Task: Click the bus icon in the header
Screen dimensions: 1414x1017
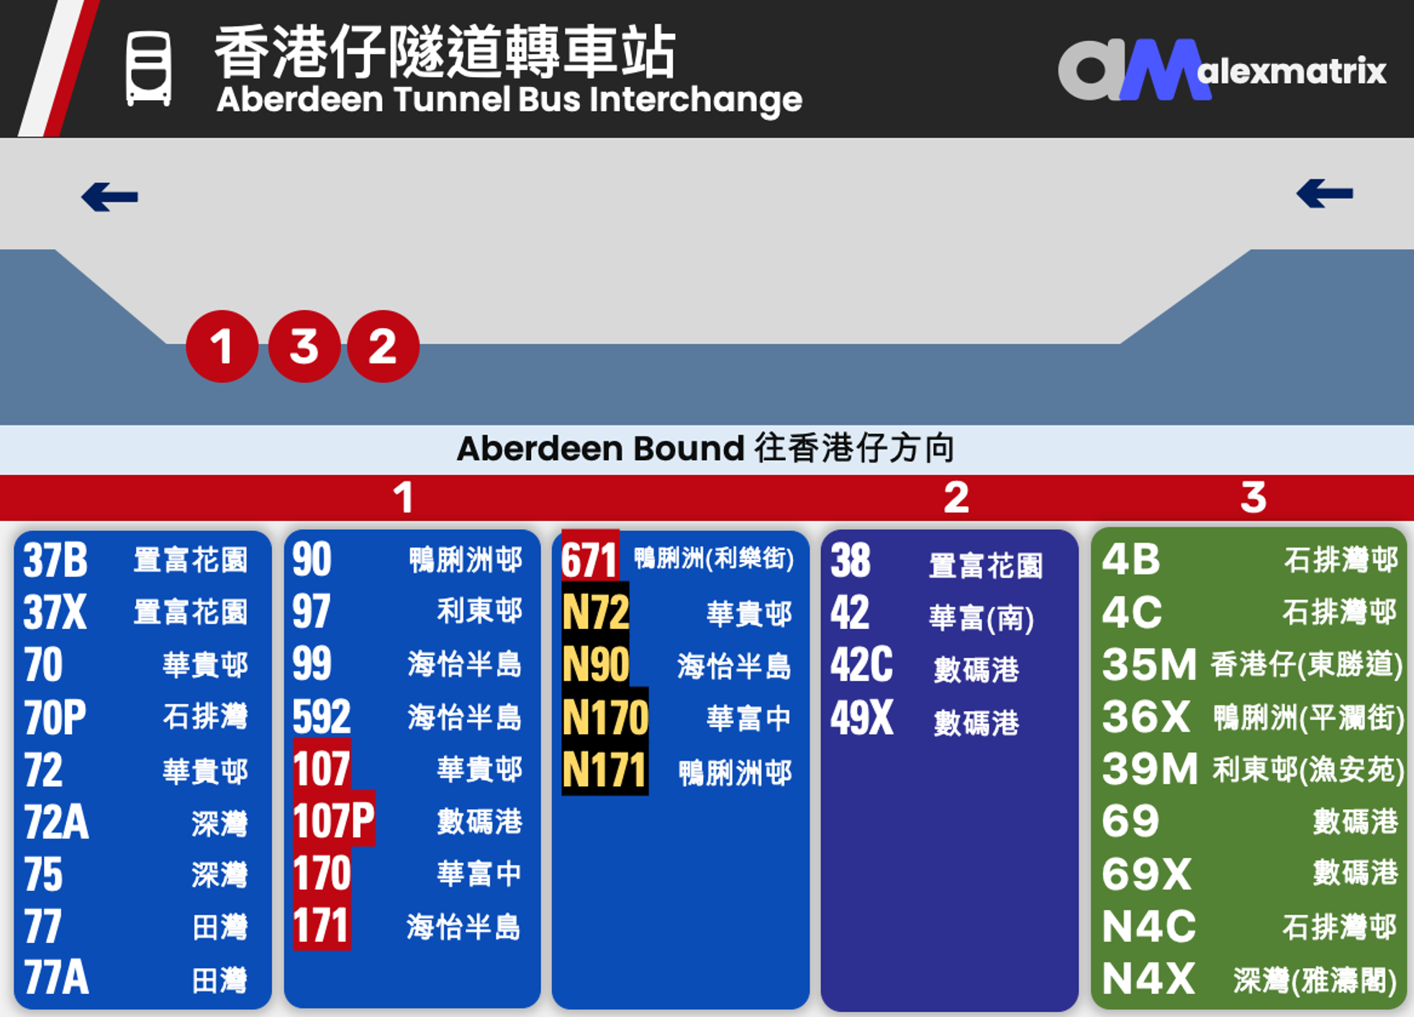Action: pyautogui.click(x=149, y=69)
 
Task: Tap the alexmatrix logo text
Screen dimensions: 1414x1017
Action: pyautogui.click(x=1292, y=71)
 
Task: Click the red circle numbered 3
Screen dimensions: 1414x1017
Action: pyautogui.click(x=304, y=346)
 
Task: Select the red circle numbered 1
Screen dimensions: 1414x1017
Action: pyautogui.click(x=222, y=346)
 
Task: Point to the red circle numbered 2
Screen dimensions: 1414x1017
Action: pyautogui.click(x=383, y=346)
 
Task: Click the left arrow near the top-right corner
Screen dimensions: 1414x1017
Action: pyautogui.click(x=1325, y=193)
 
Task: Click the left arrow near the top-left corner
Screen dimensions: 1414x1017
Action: pyautogui.click(x=109, y=196)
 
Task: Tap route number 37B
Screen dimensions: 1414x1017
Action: pyautogui.click(x=55, y=561)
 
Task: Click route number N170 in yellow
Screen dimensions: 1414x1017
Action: pyautogui.click(x=605, y=718)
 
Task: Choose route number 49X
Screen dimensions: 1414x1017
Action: pyautogui.click(x=862, y=718)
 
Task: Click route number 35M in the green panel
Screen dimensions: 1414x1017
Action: pyautogui.click(x=1149, y=664)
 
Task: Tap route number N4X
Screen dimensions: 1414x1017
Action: pyautogui.click(x=1148, y=978)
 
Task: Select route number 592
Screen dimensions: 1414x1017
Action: pyautogui.click(x=322, y=717)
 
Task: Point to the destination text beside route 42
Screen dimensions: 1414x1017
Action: pyautogui.click(x=982, y=618)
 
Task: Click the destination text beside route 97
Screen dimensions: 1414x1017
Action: pyautogui.click(x=479, y=611)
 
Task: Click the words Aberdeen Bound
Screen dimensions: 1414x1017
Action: pyautogui.click(x=601, y=449)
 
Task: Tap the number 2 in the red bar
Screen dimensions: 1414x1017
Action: pyautogui.click(x=956, y=497)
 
